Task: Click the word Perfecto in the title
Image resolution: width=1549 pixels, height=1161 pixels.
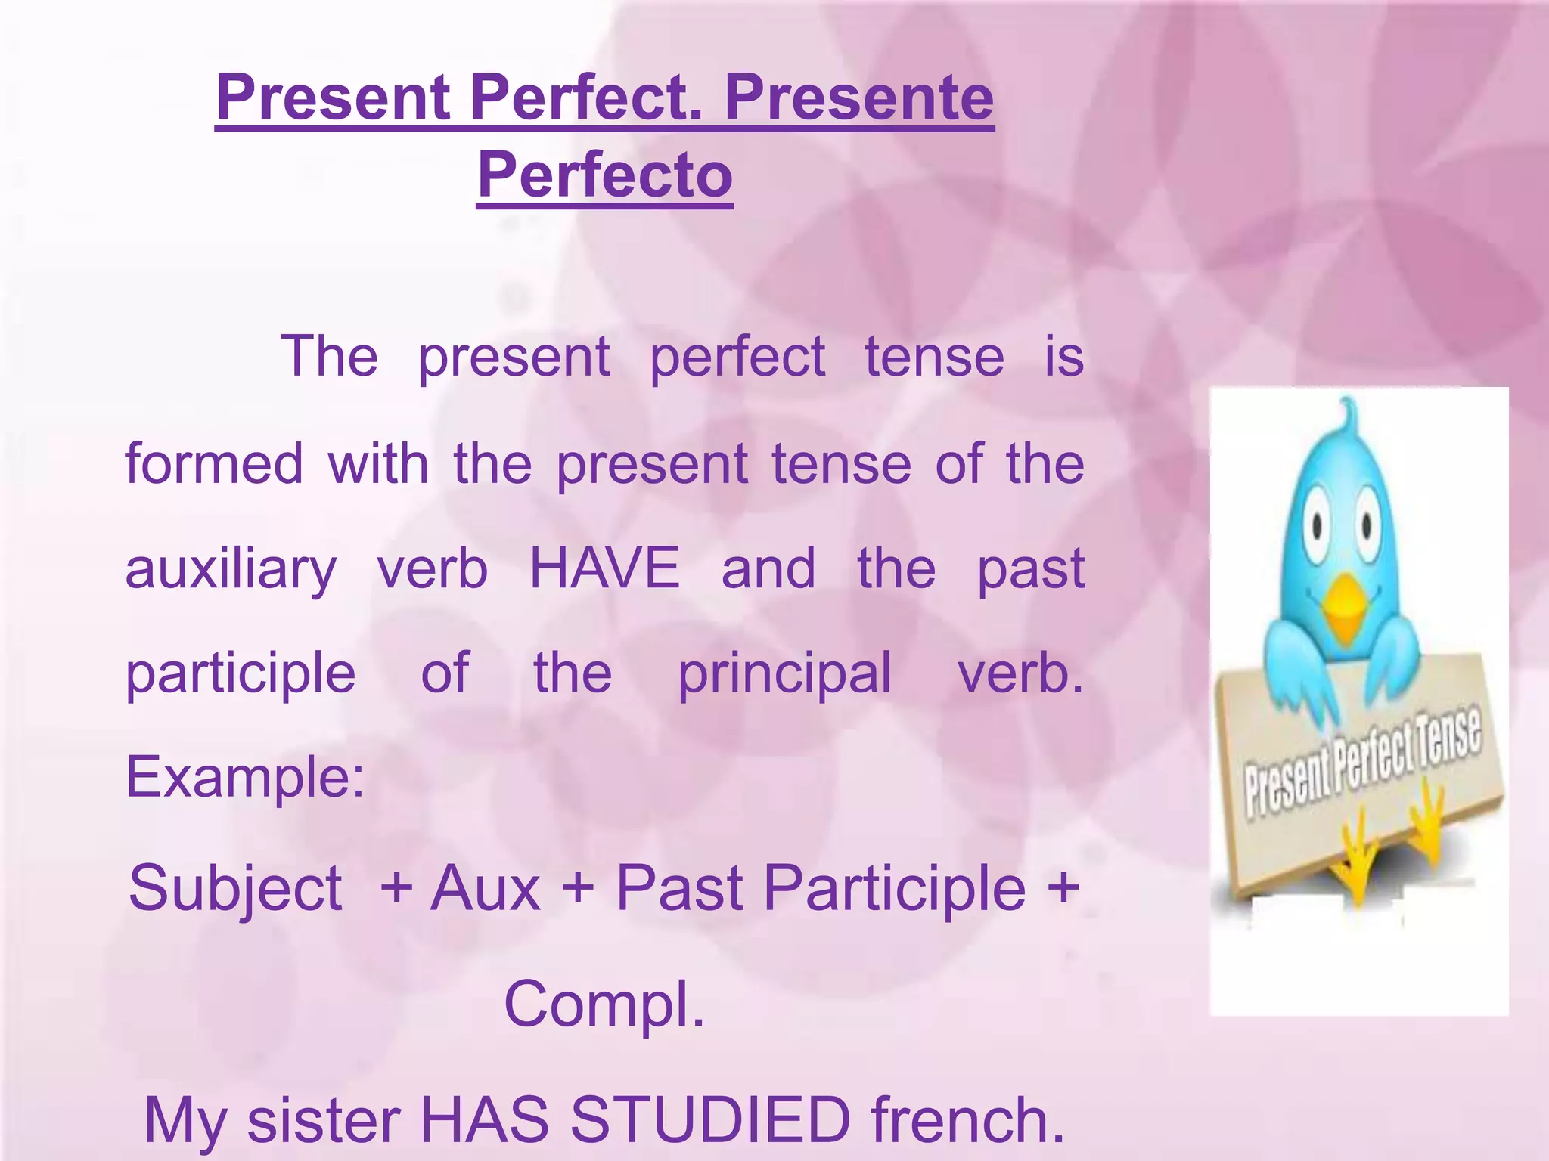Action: click(x=605, y=175)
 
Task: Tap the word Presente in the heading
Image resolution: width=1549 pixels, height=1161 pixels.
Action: click(x=859, y=98)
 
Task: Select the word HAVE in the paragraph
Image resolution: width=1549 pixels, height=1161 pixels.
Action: click(x=604, y=568)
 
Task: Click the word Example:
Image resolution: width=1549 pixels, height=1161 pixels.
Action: click(x=245, y=777)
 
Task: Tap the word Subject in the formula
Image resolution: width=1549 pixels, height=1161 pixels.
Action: click(x=235, y=889)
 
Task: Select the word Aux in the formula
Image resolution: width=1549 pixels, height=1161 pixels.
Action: click(x=485, y=889)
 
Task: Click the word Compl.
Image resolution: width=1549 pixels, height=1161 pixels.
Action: click(x=604, y=1004)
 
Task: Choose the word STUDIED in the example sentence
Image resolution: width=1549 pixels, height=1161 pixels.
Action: click(x=710, y=1119)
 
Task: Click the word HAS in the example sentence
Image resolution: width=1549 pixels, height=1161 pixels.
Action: click(x=484, y=1119)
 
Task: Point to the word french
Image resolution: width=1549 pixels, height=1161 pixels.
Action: click(x=968, y=1119)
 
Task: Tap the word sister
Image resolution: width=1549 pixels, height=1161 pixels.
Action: click(x=324, y=1119)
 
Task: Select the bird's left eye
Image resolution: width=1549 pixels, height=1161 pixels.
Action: click(x=1318, y=523)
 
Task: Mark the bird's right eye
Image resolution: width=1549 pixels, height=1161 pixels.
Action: click(x=1367, y=523)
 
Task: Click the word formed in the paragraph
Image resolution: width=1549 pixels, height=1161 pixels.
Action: click(x=214, y=464)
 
